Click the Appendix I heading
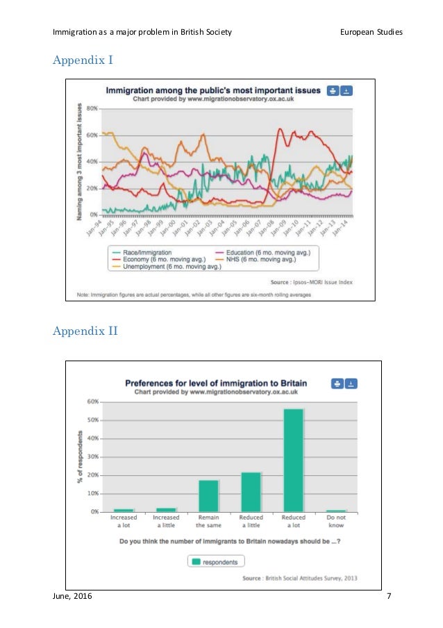pos(83,60)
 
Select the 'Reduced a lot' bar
pos(294,460)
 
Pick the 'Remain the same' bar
pos(208,495)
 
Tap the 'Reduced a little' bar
pos(251,492)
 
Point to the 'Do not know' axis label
pos(336,522)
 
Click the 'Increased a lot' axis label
pos(124,522)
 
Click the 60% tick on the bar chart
pos(93,402)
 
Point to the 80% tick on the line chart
pos(92,108)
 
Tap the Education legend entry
pos(271,252)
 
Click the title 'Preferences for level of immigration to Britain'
pos(215,383)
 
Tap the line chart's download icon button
pos(347,90)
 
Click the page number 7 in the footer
pos(388,597)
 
